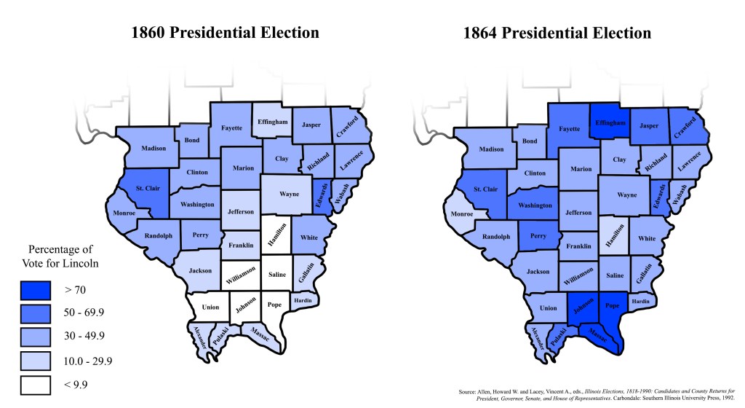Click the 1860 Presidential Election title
point(225,33)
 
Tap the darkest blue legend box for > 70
point(34,290)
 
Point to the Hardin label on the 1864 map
point(641,300)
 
